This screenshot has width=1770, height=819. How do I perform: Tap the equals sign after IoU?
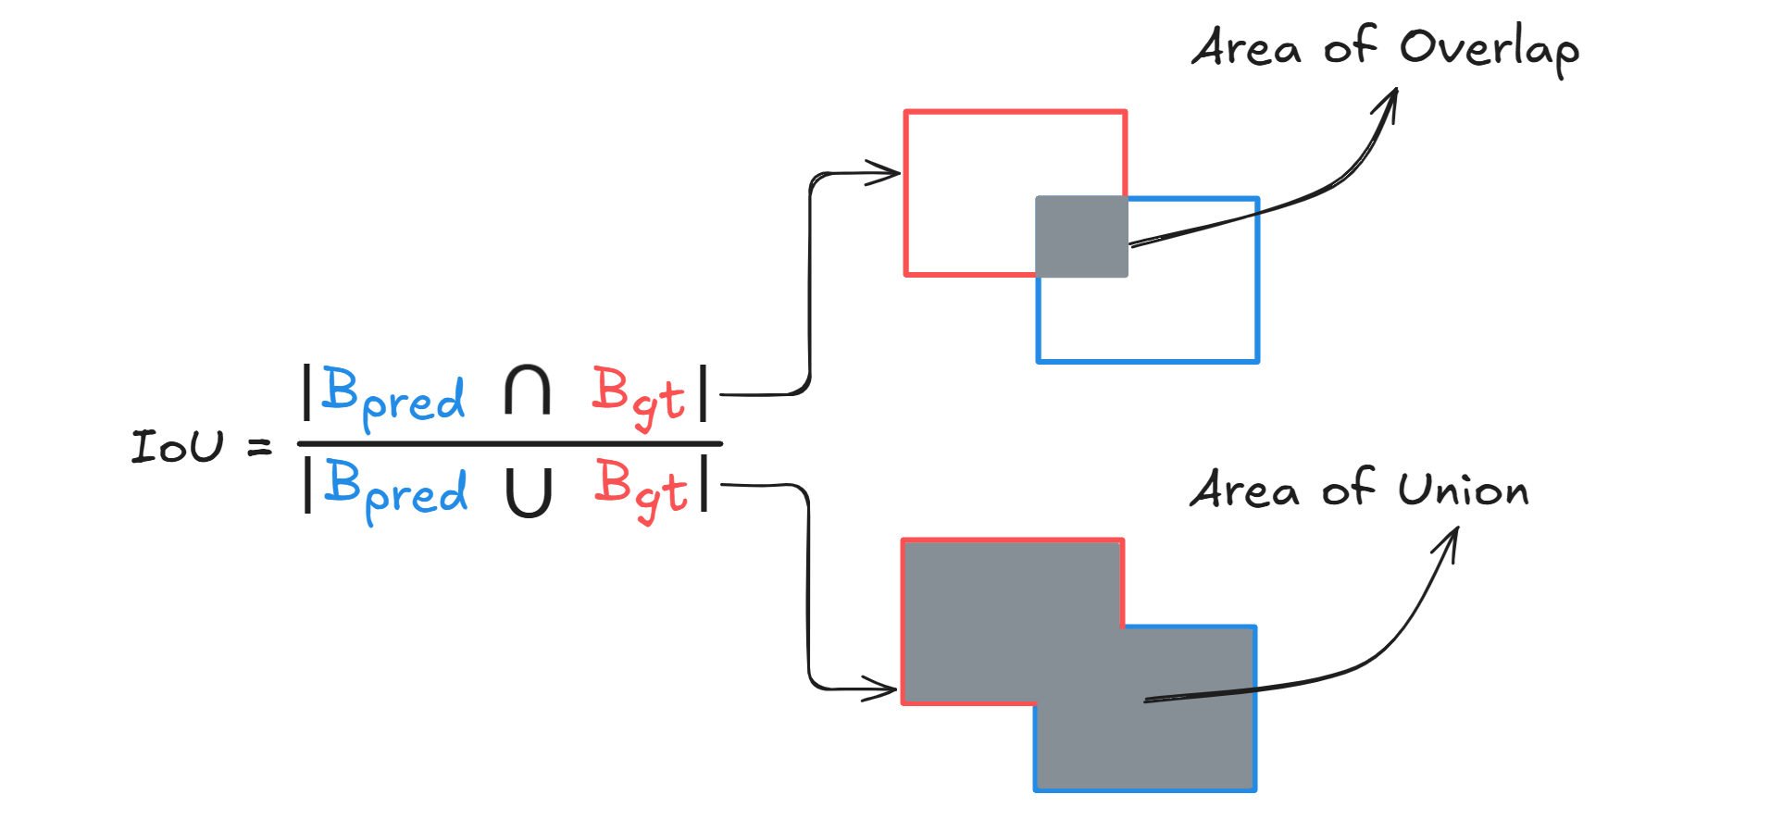260,448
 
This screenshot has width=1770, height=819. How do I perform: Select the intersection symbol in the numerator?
528,391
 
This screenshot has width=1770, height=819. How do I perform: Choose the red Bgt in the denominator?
642,490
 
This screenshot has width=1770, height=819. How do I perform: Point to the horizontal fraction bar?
509,444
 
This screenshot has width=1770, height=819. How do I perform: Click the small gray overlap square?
1081,237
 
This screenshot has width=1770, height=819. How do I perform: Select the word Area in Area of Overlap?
1246,48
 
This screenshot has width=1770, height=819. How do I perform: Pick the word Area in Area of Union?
1244,490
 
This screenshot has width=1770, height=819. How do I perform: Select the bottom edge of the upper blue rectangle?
1148,360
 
